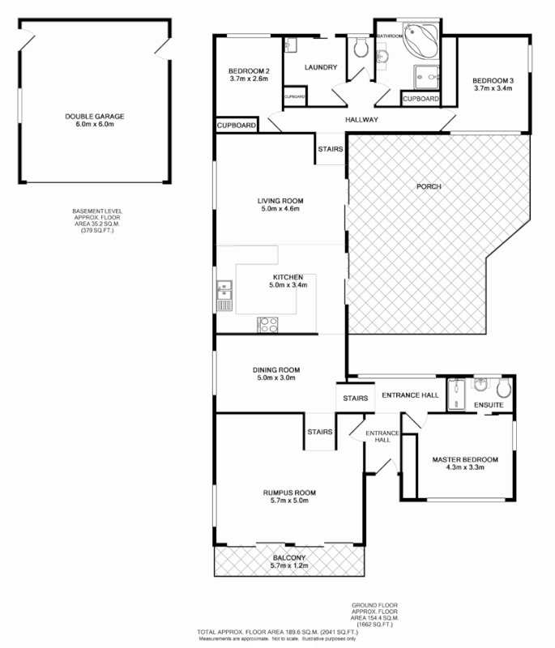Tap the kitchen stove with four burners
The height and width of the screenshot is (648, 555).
tap(268, 325)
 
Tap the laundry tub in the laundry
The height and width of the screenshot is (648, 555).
tap(292, 45)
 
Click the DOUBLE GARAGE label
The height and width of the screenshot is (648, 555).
tap(95, 116)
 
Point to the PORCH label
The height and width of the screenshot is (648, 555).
tap(428, 186)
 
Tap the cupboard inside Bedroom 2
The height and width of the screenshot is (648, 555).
tap(294, 97)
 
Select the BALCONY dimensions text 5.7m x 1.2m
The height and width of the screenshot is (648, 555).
tap(288, 567)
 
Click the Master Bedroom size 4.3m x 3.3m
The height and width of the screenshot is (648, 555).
tap(464, 470)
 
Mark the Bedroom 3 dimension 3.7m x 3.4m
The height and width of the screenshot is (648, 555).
tap(493, 89)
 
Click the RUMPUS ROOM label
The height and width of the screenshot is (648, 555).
tap(288, 492)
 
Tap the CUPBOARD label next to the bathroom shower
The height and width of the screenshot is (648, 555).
tap(421, 99)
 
